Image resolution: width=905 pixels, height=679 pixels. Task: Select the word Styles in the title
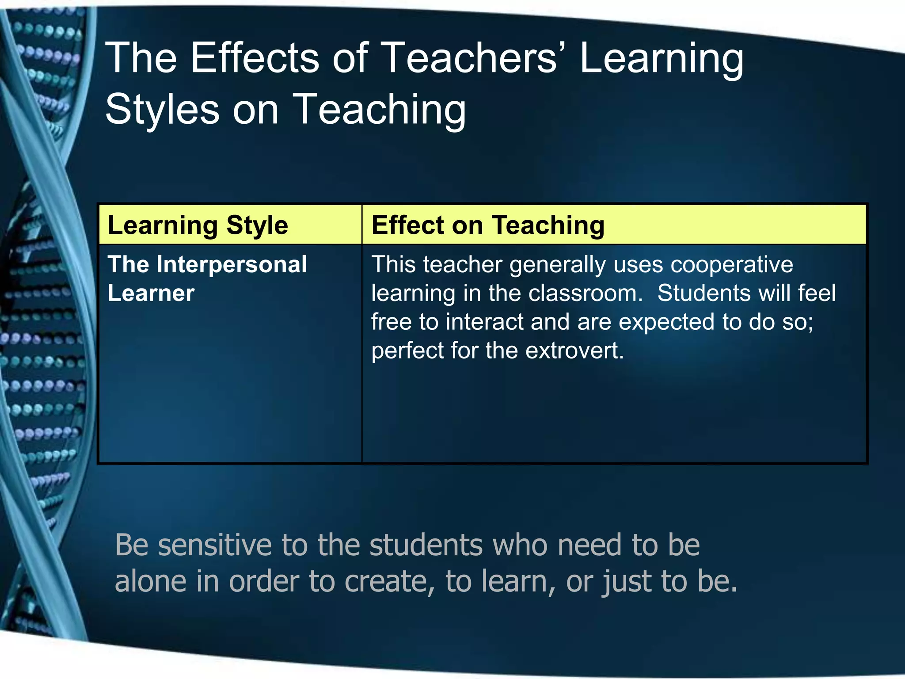pos(162,109)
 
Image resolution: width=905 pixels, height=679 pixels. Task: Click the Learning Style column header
pos(198,225)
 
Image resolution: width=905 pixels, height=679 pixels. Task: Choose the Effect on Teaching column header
pos(488,225)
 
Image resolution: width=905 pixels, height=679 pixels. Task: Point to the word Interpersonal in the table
pos(232,264)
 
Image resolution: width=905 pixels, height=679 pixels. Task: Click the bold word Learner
pos(151,293)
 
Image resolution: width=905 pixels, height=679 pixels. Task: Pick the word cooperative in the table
pos(731,264)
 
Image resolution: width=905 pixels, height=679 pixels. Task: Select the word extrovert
pos(574,351)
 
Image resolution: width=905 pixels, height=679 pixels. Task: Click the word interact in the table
pos(484,322)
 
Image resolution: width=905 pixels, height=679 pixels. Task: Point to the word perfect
pos(407,351)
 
